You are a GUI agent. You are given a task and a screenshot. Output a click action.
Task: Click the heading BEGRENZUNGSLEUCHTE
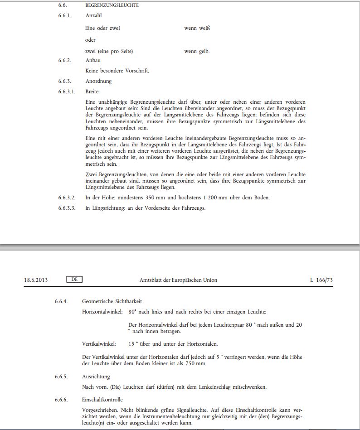click(x=112, y=5)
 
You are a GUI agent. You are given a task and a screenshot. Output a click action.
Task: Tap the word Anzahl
click(x=93, y=16)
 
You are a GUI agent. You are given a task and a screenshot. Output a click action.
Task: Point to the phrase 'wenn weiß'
click(x=197, y=28)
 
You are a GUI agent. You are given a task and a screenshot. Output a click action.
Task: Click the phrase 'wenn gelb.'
click(x=197, y=52)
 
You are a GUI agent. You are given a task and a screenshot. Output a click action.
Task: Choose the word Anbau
click(x=93, y=60)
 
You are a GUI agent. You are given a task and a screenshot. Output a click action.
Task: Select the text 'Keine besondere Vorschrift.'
click(x=117, y=71)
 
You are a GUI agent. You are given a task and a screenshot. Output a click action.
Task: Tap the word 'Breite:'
click(x=92, y=92)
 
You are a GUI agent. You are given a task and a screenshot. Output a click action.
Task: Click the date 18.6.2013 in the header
click(x=36, y=280)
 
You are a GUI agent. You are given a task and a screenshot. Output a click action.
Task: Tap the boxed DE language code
click(x=74, y=280)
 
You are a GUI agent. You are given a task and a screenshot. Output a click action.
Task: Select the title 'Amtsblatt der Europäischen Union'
click(x=178, y=280)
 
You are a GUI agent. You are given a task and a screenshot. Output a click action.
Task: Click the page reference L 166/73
click(x=321, y=280)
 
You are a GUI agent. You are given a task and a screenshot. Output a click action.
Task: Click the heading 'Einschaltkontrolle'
click(x=102, y=400)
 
